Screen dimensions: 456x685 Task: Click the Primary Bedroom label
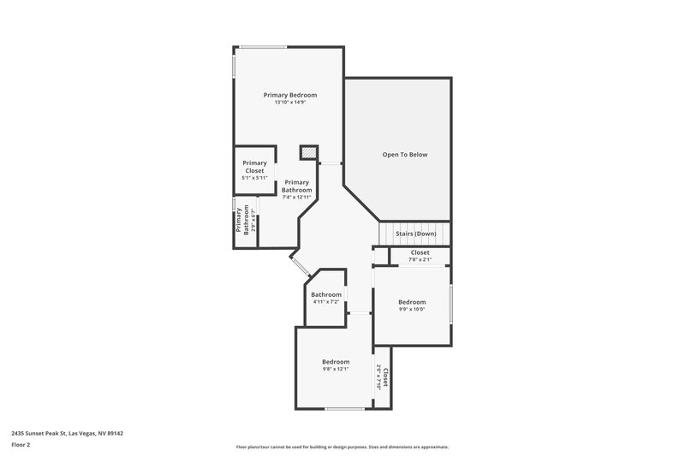(x=290, y=94)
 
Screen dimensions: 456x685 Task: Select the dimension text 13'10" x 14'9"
(x=290, y=103)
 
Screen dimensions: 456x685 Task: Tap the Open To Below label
(x=404, y=155)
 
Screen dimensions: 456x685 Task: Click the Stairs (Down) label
(x=416, y=234)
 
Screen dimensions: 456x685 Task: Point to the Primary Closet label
(x=254, y=166)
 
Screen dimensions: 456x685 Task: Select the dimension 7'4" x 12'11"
(x=296, y=197)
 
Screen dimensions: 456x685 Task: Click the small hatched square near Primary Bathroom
(x=307, y=152)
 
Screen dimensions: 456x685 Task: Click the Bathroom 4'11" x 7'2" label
(x=326, y=298)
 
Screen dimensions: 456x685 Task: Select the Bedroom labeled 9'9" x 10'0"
(x=412, y=305)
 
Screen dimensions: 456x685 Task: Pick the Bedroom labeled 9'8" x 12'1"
(x=336, y=365)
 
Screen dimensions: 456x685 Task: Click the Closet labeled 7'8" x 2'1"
(x=420, y=256)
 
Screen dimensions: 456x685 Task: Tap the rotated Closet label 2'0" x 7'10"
(x=384, y=377)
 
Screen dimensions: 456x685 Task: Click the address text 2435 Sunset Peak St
(x=68, y=433)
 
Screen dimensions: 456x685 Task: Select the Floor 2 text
(x=21, y=445)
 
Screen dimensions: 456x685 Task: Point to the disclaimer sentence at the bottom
(x=342, y=447)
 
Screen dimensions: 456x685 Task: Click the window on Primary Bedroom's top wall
(x=263, y=46)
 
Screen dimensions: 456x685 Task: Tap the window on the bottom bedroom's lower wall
(x=344, y=408)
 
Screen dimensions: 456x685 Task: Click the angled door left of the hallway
(x=300, y=264)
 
